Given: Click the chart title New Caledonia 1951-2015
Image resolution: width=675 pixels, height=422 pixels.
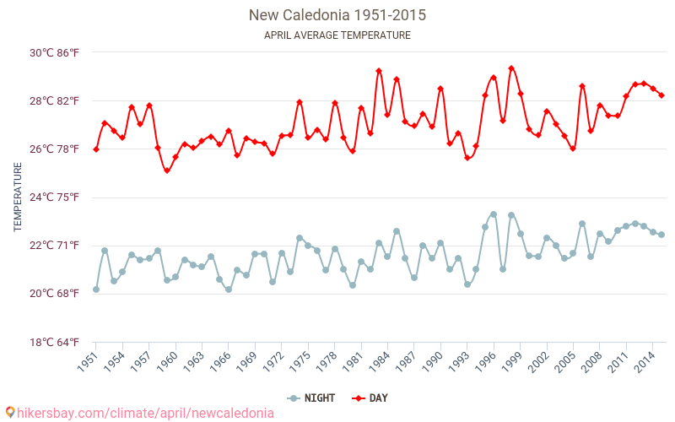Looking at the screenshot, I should [x=337, y=15].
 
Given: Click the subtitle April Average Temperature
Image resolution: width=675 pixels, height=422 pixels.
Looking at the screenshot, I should [x=337, y=35].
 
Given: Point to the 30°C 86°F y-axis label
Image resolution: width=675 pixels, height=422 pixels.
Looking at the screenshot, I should [x=55, y=52].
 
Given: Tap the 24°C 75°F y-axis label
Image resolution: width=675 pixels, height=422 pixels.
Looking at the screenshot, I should [x=55, y=197].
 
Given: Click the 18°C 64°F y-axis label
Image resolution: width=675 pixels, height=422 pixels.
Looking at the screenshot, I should [x=55, y=342].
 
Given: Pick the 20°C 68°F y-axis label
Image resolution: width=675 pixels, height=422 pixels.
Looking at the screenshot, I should [x=55, y=294].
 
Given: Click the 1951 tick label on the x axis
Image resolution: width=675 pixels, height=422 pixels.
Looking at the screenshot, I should [x=89, y=361].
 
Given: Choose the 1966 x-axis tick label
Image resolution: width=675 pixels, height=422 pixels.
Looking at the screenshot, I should [x=221, y=361].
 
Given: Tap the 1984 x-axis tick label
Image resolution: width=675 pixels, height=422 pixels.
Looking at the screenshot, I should [x=381, y=361].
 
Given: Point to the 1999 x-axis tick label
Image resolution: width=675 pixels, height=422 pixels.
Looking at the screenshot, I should [x=513, y=361].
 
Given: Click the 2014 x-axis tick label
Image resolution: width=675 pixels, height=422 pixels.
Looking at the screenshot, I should [x=645, y=361].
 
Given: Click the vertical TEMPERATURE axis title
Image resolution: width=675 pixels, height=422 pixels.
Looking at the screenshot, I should [x=18, y=197].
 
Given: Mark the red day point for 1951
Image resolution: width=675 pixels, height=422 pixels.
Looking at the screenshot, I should [x=96, y=149].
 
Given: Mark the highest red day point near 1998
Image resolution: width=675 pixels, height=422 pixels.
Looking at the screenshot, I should [x=511, y=68].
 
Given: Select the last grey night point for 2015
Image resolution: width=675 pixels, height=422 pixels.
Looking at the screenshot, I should [x=661, y=235].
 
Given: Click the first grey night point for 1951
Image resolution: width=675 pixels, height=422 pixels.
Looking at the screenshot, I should [x=96, y=289].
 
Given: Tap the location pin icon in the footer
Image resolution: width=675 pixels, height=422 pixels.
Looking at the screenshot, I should [x=9, y=412].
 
